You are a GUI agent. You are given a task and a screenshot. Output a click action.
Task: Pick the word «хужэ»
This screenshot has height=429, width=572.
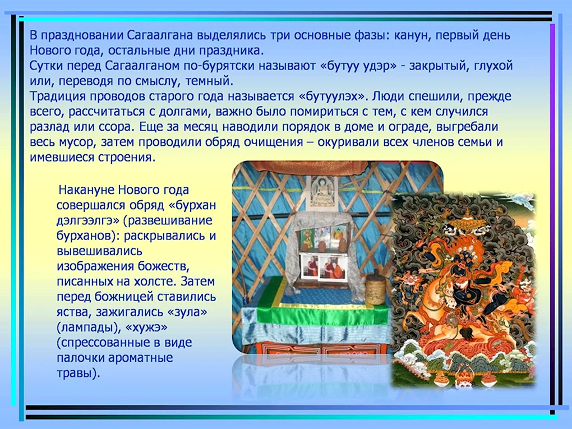[x=146, y=327]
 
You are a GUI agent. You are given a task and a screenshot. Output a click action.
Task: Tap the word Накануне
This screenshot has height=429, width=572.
[x=86, y=190]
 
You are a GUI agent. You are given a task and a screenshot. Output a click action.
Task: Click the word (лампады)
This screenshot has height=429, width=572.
[x=89, y=327]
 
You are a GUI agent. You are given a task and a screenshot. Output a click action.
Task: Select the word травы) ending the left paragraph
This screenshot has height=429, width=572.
[x=78, y=373]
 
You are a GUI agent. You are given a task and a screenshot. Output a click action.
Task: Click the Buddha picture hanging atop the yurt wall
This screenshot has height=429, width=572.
[x=322, y=192]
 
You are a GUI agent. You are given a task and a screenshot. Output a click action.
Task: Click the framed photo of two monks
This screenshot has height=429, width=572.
[x=323, y=267]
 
